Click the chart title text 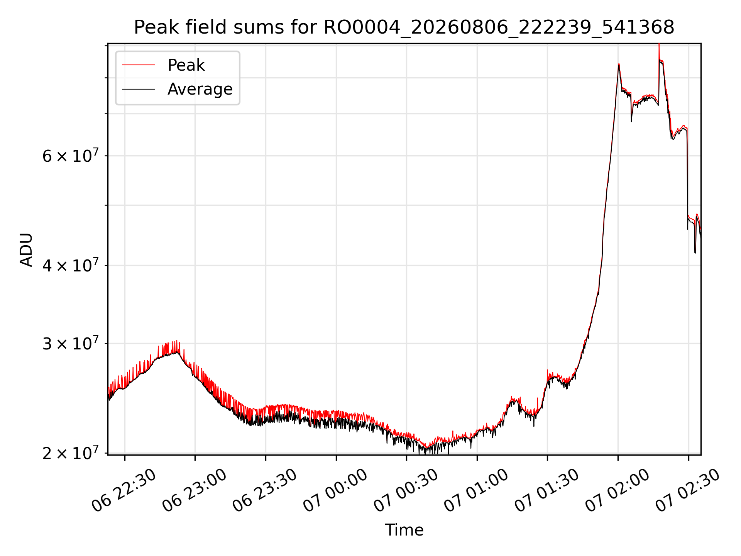(x=404, y=27)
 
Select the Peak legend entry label (x=186, y=65)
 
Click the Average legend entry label (x=200, y=89)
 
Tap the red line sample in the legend (x=139, y=65)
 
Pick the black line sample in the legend (x=139, y=89)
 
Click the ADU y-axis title (x=26, y=249)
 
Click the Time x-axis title (x=404, y=530)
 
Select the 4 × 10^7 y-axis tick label (x=71, y=265)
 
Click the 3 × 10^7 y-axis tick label (x=71, y=343)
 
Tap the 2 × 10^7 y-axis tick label (x=71, y=453)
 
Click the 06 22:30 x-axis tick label (x=123, y=491)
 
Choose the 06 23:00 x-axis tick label (x=194, y=491)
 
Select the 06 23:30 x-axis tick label (x=265, y=491)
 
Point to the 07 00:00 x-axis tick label (x=335, y=491)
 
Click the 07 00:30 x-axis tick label (x=406, y=491)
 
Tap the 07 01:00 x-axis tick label (x=476, y=491)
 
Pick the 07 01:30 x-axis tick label (x=547, y=491)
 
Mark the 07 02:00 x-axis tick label (x=617, y=491)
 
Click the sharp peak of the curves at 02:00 (x=619, y=64)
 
